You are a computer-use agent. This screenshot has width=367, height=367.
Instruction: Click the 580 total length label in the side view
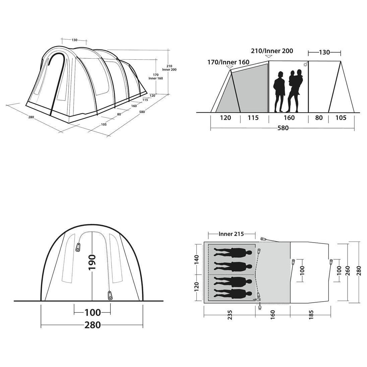coord(283,128)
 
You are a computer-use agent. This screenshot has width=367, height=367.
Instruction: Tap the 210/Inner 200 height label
coord(272,51)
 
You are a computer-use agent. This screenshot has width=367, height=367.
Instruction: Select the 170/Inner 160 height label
coord(228,62)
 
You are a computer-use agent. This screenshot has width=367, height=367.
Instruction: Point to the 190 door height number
coord(92,262)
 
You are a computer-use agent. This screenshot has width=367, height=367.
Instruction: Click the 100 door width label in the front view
coord(93,312)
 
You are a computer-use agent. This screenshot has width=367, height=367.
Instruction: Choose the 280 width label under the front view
coord(93,325)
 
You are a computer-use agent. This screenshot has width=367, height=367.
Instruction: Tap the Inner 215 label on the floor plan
coord(231,234)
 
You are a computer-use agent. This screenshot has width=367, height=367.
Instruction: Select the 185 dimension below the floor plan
coord(311,315)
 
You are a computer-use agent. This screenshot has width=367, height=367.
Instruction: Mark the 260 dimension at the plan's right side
coord(348,271)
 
